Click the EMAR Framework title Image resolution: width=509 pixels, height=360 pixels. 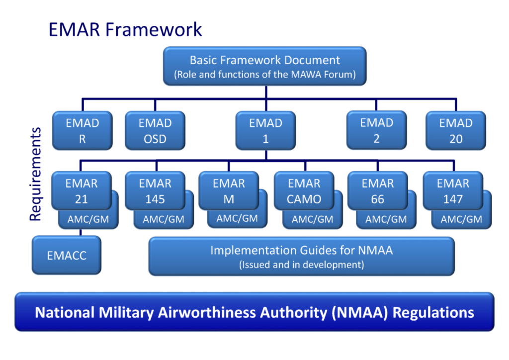point(125,29)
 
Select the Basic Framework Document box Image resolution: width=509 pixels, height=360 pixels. point(265,66)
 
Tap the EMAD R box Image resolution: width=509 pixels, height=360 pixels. point(83,130)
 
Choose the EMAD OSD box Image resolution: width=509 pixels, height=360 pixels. point(155,130)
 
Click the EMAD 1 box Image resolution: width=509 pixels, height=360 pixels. point(265,130)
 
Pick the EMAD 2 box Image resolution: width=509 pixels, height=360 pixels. point(377,130)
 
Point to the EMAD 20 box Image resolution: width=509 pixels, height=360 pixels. point(456,130)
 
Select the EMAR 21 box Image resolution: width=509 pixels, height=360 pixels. point(82,190)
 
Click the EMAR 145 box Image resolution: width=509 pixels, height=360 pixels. point(155,190)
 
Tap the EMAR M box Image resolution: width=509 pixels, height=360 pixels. point(229,190)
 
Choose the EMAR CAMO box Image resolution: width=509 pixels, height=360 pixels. point(304,190)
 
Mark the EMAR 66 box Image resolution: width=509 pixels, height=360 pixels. point(378,190)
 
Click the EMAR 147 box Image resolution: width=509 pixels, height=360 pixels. point(453,190)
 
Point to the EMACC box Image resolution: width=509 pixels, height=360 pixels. point(67,255)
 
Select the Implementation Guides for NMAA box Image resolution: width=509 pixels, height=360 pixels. point(302,256)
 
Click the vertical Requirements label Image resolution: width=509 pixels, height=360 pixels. point(35,175)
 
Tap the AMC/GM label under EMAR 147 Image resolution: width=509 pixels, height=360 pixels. point(461,219)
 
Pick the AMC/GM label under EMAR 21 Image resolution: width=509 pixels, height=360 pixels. point(88,219)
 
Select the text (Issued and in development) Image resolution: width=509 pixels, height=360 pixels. point(302,265)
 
